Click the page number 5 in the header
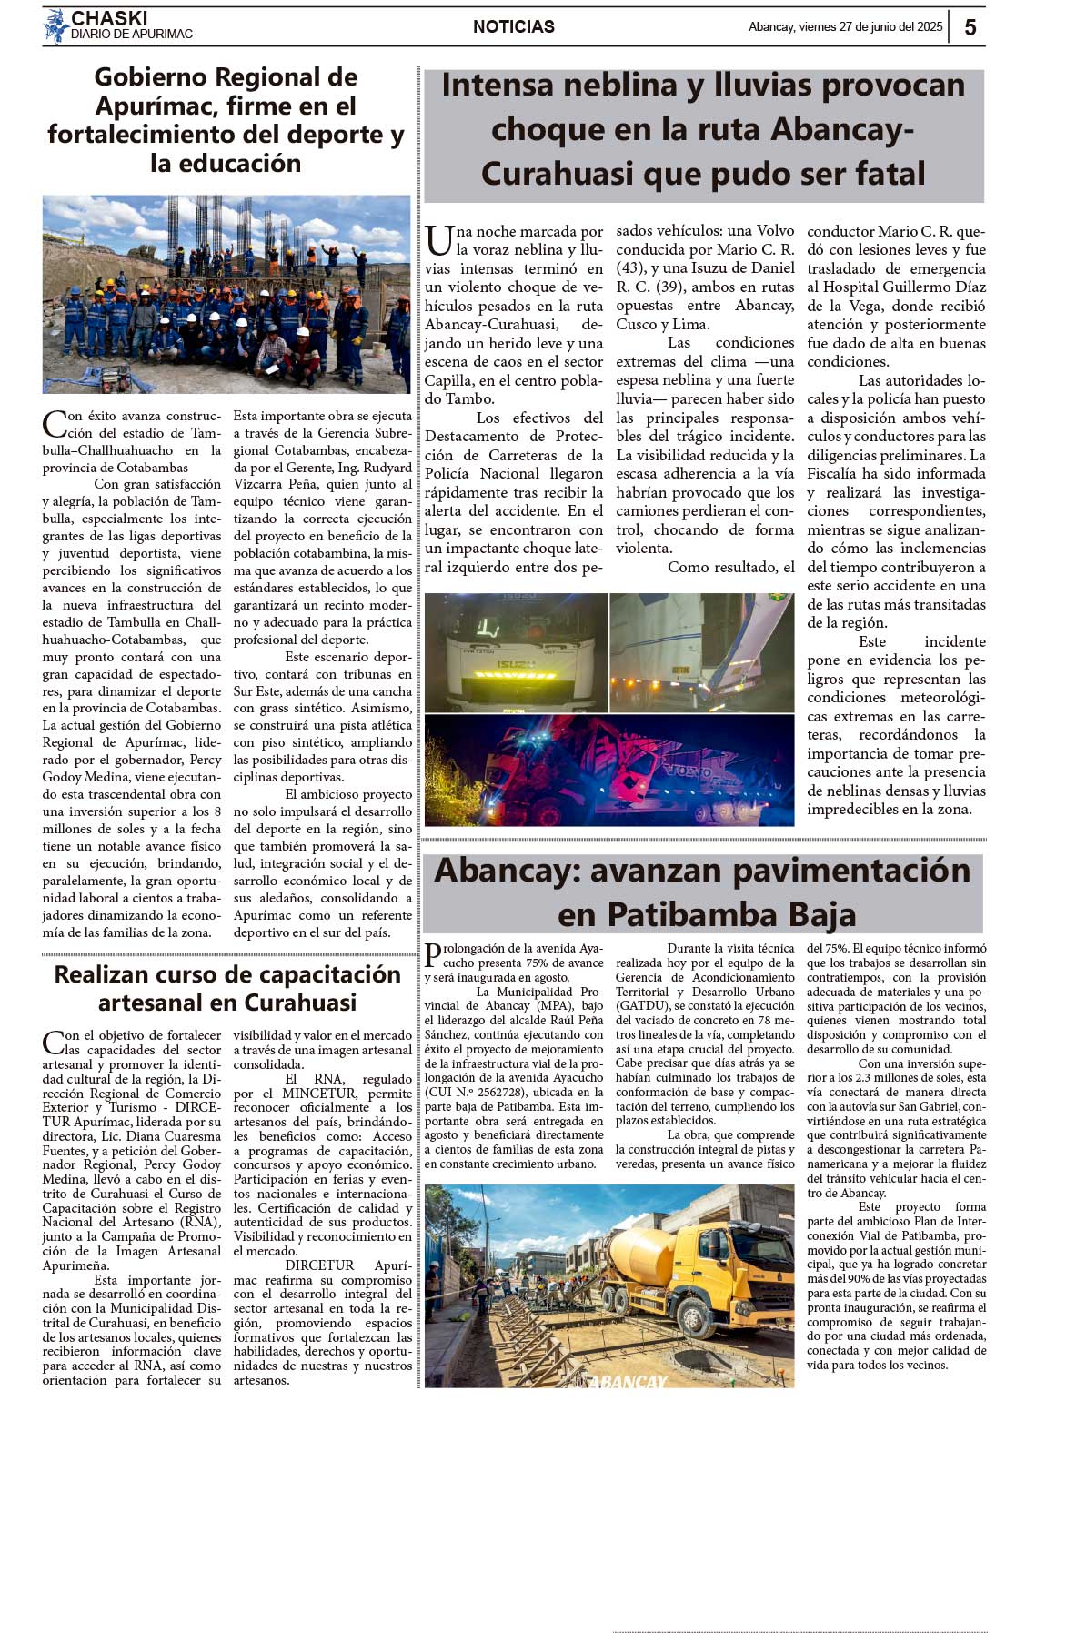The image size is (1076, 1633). pyautogui.click(x=970, y=27)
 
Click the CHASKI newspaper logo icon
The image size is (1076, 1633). pyautogui.click(x=56, y=25)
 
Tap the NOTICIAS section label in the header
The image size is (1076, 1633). pyautogui.click(x=513, y=27)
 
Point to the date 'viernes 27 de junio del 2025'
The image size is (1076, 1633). pyautogui.click(x=870, y=27)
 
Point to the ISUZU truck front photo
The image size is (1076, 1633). pyautogui.click(x=516, y=651)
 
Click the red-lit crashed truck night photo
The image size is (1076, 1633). pyautogui.click(x=608, y=770)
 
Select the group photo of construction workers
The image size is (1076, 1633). pyautogui.click(x=226, y=294)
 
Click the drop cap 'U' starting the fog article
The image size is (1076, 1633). pyautogui.click(x=438, y=241)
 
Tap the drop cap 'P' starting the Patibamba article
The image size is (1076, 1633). pyautogui.click(x=433, y=955)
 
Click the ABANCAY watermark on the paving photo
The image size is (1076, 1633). pyautogui.click(x=628, y=1381)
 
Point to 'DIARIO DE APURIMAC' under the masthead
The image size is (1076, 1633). pyautogui.click(x=132, y=35)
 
